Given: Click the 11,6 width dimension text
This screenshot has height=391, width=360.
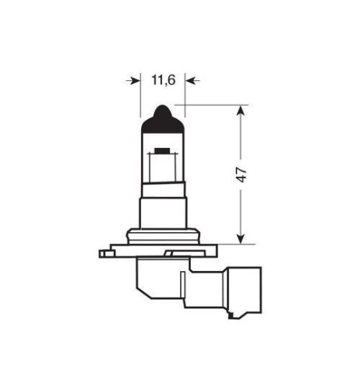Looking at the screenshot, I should click(x=161, y=79).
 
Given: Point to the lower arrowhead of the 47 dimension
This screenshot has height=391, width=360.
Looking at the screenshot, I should click(x=240, y=237).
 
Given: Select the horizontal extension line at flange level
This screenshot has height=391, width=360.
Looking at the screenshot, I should click(x=226, y=243).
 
